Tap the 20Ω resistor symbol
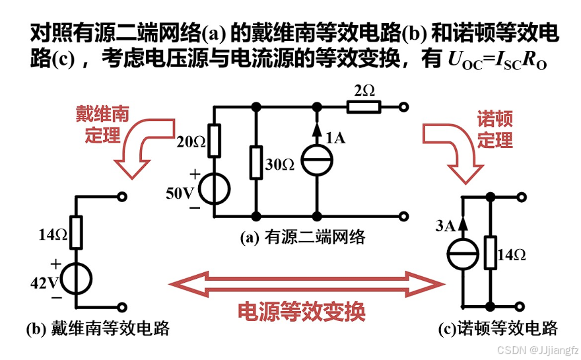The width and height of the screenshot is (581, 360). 214,141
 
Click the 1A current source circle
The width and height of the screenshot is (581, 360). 317,160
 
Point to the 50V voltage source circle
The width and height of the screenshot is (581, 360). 214,188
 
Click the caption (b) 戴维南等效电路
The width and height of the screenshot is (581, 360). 97,328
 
